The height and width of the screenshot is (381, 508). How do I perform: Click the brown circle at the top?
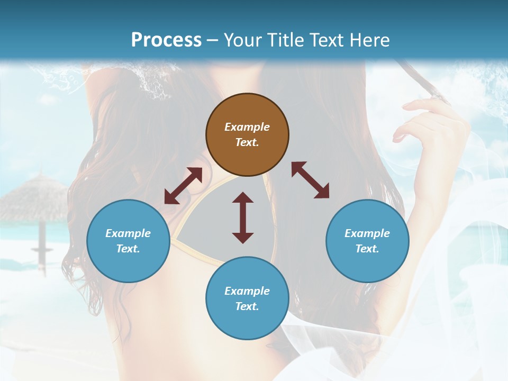click(x=247, y=134)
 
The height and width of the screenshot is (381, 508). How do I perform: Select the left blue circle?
click(x=128, y=241)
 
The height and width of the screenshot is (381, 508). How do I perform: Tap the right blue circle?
click(x=367, y=241)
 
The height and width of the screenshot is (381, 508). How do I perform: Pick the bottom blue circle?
click(x=247, y=298)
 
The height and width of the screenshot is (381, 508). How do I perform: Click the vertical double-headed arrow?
click(x=243, y=217)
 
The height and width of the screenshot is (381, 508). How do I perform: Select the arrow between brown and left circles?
click(x=183, y=186)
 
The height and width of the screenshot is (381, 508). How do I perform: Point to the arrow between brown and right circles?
click(x=310, y=180)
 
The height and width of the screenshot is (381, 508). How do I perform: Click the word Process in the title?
click(x=166, y=40)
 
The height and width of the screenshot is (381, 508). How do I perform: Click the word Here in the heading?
click(x=371, y=40)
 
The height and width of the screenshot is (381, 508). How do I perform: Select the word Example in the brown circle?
click(x=247, y=127)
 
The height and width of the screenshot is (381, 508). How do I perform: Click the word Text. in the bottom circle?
click(x=247, y=306)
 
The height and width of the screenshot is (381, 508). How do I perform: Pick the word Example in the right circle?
click(x=367, y=233)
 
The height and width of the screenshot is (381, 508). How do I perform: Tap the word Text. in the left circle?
click(x=128, y=249)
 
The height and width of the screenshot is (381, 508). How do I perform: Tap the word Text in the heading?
click(x=329, y=40)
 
